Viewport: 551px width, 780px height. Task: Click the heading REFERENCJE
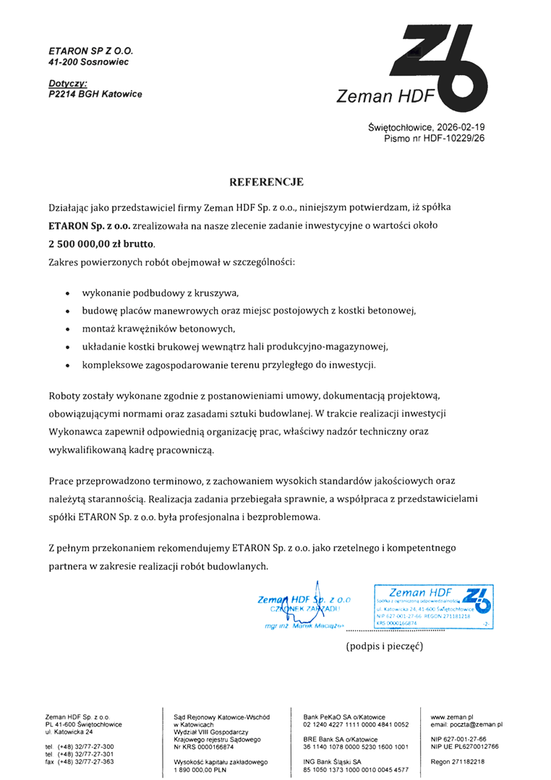[266, 182]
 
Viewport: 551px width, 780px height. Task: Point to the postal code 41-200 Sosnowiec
[88, 63]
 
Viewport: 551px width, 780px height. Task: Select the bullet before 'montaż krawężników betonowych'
[67, 330]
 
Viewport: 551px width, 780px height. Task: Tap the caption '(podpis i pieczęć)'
[384, 645]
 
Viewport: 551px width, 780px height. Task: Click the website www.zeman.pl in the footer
[452, 716]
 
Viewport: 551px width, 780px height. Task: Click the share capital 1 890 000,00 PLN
[200, 769]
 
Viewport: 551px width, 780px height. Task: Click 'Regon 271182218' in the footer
[458, 762]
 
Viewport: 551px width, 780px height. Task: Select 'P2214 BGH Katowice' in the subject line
[95, 95]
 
